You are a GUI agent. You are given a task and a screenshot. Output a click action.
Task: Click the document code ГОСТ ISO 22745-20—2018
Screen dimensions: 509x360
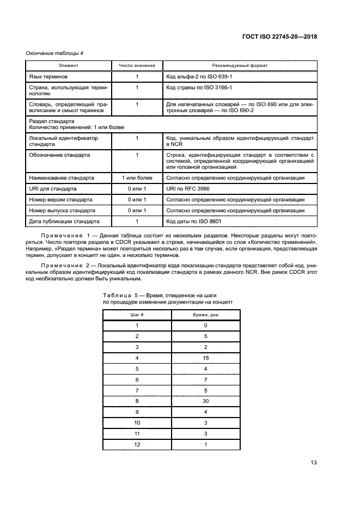[279, 36]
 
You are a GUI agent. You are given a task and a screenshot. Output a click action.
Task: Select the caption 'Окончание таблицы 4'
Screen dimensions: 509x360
[54, 53]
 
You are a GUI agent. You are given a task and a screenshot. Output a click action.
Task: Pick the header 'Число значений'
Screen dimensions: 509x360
[137, 65]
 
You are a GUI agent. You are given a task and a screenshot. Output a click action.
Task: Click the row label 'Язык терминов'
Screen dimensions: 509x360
[48, 77]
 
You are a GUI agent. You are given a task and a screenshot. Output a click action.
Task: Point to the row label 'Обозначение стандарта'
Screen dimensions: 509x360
[59, 155]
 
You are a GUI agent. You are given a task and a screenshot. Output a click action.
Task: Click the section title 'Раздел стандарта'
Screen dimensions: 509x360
[52, 121]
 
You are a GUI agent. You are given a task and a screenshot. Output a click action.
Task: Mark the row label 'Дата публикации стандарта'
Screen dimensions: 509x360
[64, 222]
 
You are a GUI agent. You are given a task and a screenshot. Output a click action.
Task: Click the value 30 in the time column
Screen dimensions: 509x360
[206, 401]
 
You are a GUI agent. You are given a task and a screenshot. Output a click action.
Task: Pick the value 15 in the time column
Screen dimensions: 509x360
[206, 358]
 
